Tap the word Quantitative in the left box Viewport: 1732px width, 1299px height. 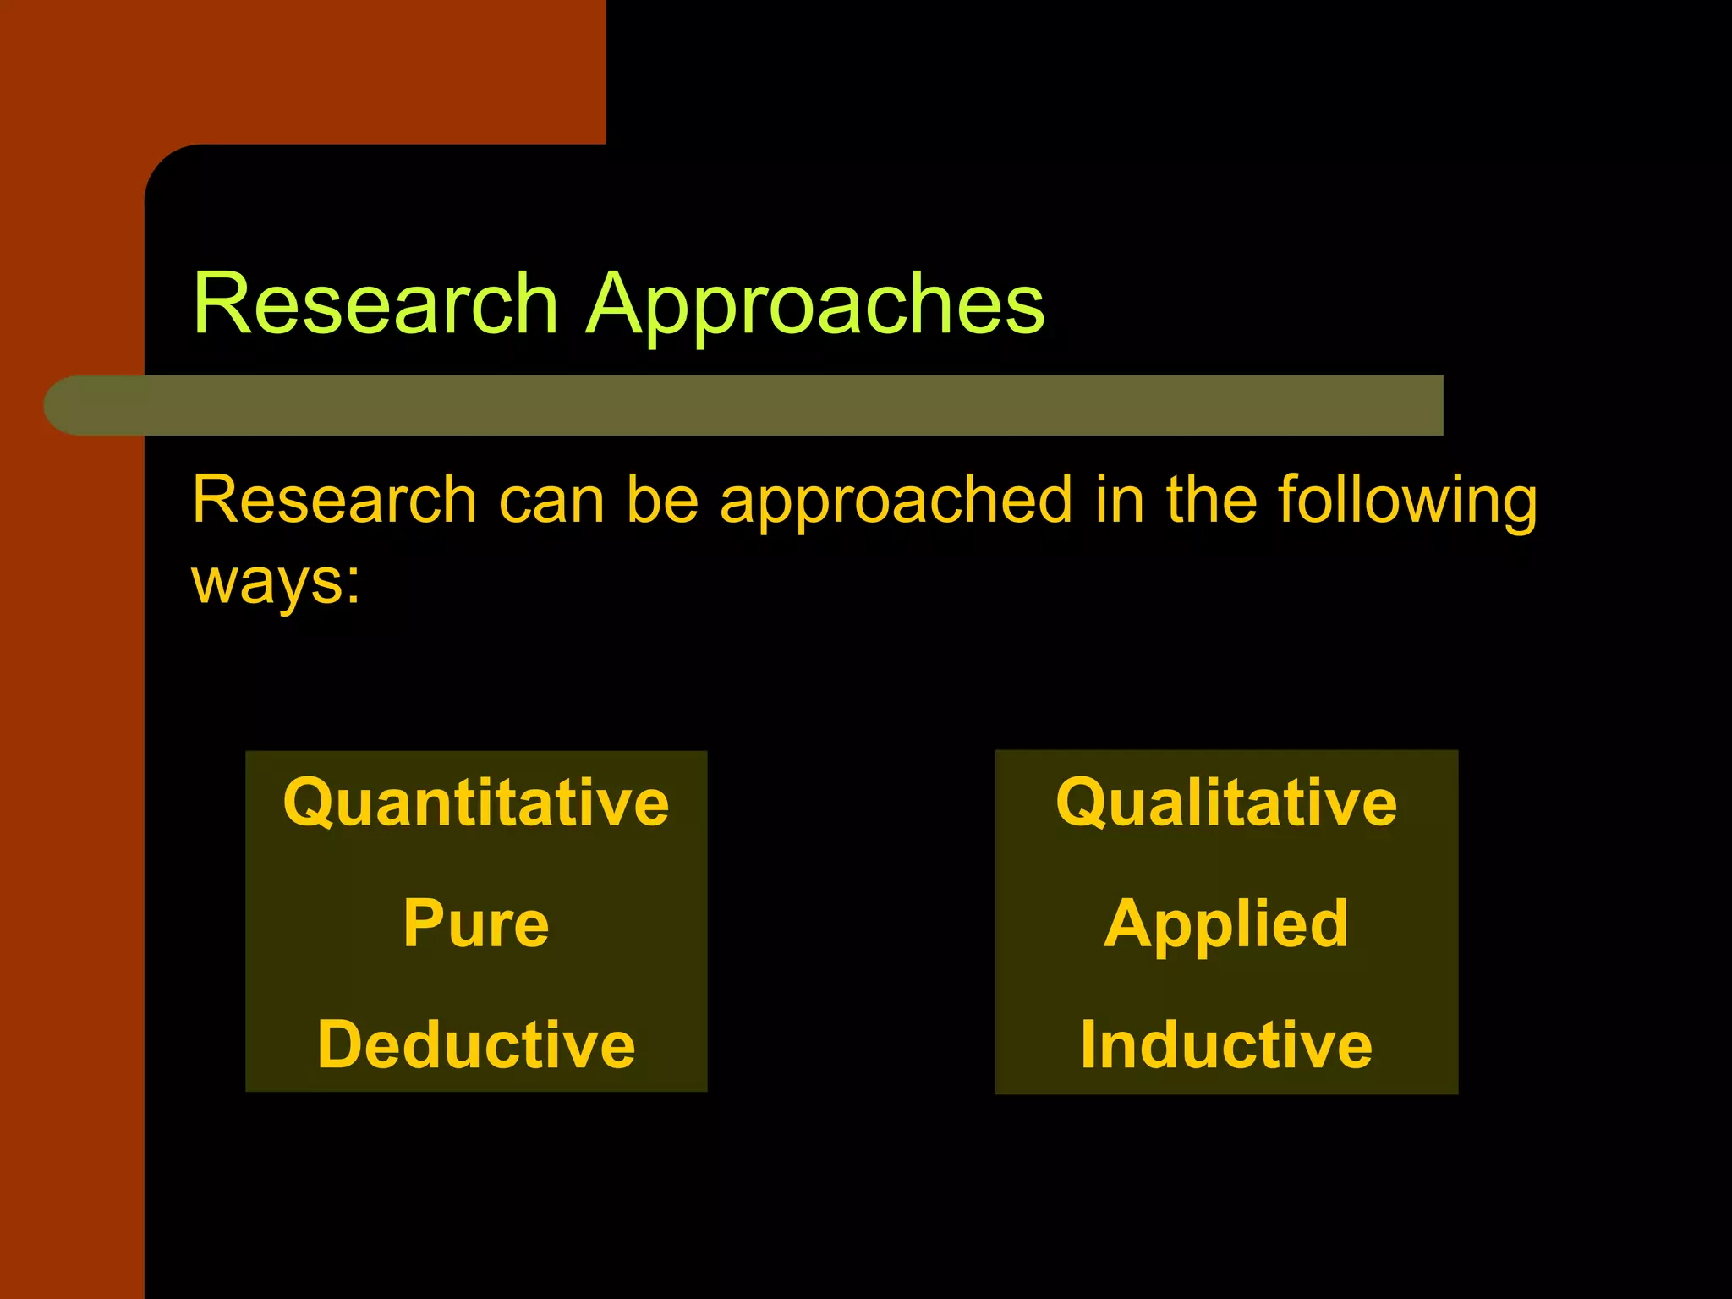click(x=476, y=803)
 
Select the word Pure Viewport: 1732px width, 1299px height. click(x=476, y=924)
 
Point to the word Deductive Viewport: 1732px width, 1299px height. click(x=476, y=1044)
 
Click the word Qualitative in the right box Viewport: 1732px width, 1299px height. click(x=1226, y=803)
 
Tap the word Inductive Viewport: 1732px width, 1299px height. click(x=1226, y=1044)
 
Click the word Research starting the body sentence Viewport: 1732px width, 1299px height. click(x=334, y=500)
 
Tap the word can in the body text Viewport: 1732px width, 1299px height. click(x=551, y=502)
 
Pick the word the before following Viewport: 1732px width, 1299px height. click(x=1211, y=500)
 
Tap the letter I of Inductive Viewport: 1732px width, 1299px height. click(x=1091, y=1044)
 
